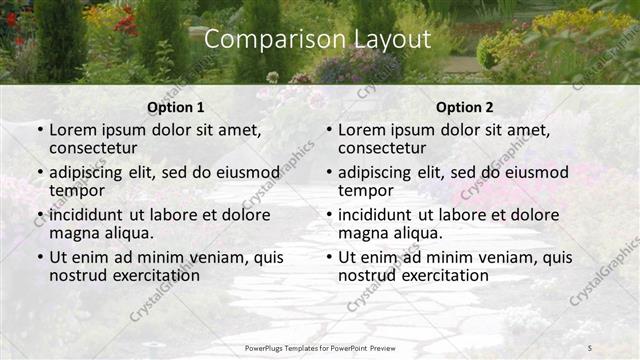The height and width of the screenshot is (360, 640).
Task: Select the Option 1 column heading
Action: click(175, 108)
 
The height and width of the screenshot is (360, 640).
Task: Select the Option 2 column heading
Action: click(464, 108)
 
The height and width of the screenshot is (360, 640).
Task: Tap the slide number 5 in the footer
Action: click(590, 348)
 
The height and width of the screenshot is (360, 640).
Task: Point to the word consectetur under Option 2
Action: click(382, 148)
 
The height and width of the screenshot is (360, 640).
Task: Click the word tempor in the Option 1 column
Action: click(76, 190)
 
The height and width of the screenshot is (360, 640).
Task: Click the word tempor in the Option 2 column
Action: click(365, 190)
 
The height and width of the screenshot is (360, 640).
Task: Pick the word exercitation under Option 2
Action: click(443, 275)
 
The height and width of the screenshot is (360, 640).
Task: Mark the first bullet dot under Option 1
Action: click(40, 130)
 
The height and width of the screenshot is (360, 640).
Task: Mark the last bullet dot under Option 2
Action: click(329, 258)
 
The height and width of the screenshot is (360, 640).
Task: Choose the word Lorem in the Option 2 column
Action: click(362, 130)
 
